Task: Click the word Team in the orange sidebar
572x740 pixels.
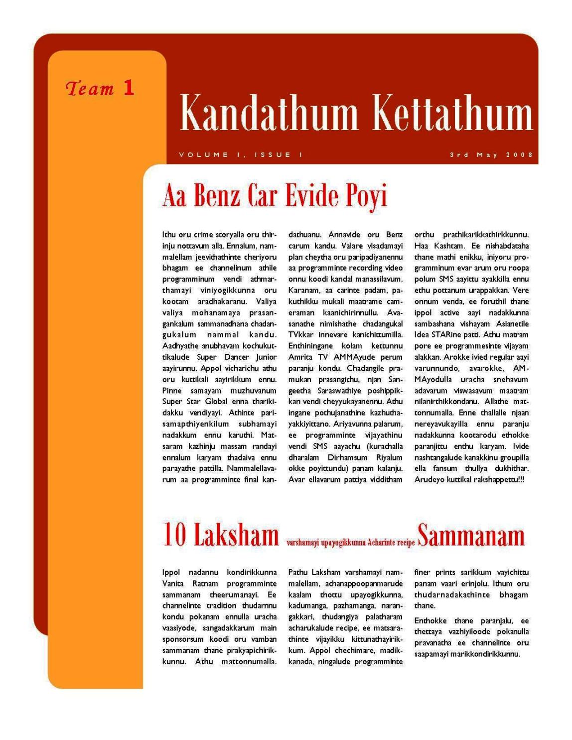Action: [90, 89]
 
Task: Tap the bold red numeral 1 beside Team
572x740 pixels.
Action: [129, 88]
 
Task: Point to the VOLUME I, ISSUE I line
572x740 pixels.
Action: [241, 155]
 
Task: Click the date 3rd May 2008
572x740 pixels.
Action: [491, 155]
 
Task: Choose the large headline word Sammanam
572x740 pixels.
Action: [471, 536]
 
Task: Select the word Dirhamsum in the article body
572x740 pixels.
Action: [347, 457]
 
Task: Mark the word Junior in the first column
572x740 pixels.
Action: [266, 357]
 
